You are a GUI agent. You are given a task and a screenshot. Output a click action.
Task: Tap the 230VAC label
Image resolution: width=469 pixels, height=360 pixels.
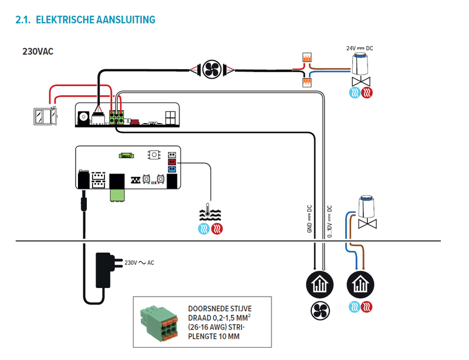pos(38,51)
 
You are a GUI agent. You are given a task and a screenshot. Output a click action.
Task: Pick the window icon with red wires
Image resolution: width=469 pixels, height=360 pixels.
pos(44,116)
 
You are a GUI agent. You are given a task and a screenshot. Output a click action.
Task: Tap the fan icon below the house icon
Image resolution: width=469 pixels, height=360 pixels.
pos(320,309)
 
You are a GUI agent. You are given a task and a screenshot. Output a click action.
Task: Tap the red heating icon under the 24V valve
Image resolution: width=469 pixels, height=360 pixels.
pos(367,93)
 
